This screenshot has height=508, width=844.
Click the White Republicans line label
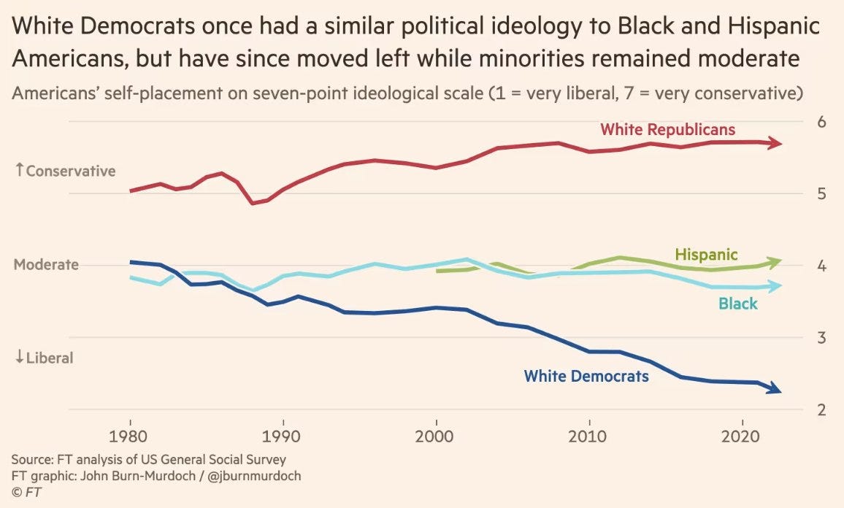(667, 130)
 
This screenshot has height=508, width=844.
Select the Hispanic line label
(706, 255)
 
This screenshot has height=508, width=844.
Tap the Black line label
(738, 304)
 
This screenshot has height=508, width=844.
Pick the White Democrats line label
(586, 377)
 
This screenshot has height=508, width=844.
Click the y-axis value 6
(821, 122)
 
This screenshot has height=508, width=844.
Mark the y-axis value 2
(821, 410)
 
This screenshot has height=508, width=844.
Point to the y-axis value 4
(821, 266)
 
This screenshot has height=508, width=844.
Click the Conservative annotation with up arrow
(65, 171)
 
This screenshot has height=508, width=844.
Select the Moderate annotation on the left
(46, 264)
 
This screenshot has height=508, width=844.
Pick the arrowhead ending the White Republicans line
(776, 143)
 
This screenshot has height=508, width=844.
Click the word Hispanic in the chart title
(771, 28)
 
